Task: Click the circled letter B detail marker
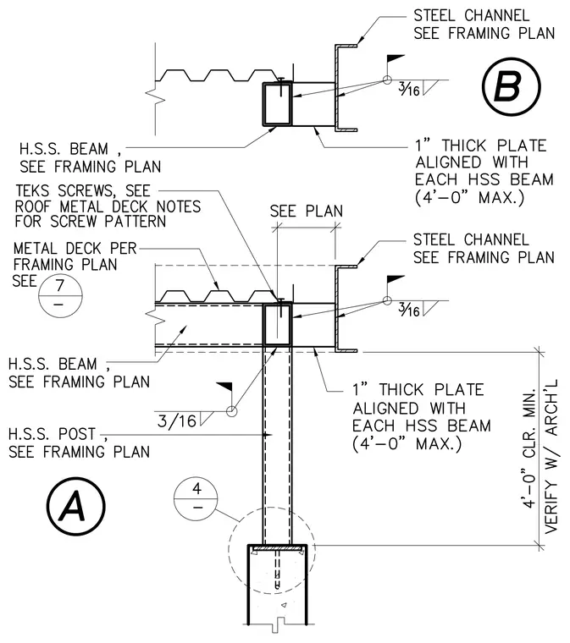click(x=512, y=86)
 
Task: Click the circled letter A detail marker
click(x=75, y=506)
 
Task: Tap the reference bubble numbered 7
click(x=60, y=295)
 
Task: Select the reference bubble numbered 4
click(x=196, y=498)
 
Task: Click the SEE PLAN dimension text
click(x=306, y=212)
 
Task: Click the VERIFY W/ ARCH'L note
click(x=551, y=456)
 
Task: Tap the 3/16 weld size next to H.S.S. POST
click(x=177, y=421)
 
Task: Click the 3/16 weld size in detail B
click(x=409, y=89)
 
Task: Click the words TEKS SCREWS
click(x=64, y=190)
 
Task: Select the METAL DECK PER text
click(x=75, y=249)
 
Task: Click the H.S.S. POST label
click(x=53, y=433)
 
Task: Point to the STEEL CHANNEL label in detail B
click(x=471, y=15)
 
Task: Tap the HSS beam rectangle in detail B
click(x=278, y=103)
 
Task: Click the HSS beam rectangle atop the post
click(x=278, y=325)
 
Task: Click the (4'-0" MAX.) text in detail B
click(x=469, y=198)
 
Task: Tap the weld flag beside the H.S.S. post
click(x=224, y=387)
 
